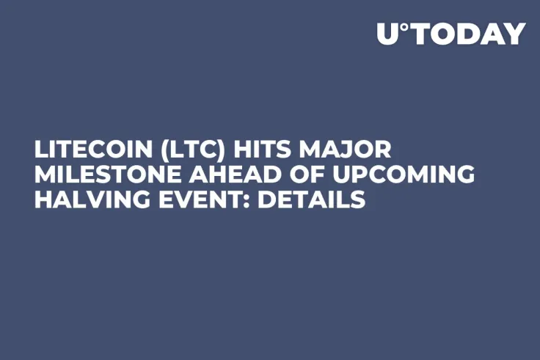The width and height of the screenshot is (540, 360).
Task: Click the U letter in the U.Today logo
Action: [x=387, y=34]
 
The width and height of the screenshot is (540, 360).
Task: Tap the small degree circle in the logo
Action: [x=403, y=27]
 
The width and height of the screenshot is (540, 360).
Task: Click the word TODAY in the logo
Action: [x=467, y=34]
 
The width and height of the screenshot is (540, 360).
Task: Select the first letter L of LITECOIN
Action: [x=40, y=150]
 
